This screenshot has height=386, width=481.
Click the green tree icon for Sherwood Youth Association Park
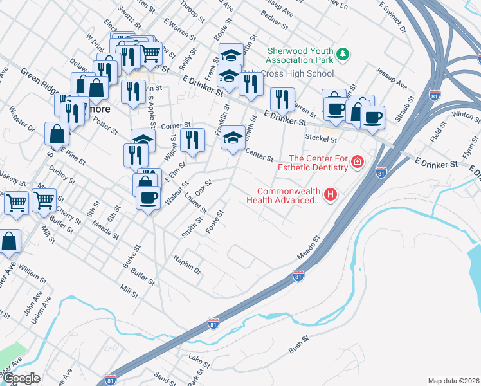[343, 53]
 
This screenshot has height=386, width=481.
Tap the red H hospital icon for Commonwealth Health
[331, 194]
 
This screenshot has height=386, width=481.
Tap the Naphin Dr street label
[188, 264]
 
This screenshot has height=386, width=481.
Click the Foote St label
[214, 222]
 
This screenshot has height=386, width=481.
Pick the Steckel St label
[322, 138]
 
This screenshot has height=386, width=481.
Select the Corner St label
[177, 125]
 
